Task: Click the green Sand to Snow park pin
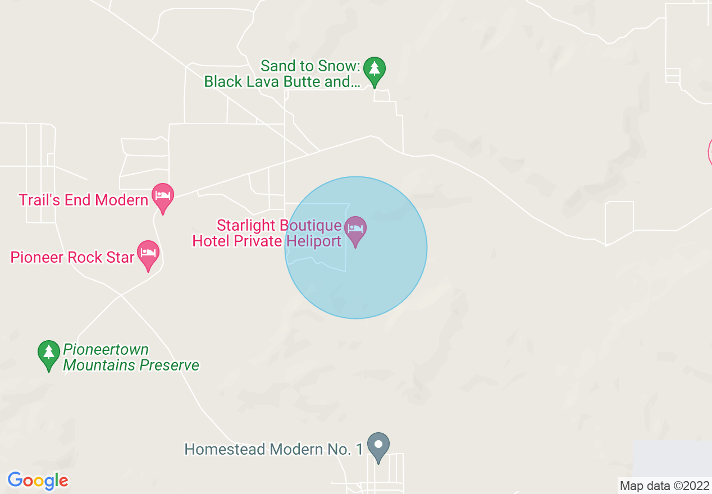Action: click(374, 70)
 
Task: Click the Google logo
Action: click(38, 481)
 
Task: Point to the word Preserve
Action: click(169, 365)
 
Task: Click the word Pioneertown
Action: click(106, 350)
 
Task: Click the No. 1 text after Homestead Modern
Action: click(349, 450)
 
